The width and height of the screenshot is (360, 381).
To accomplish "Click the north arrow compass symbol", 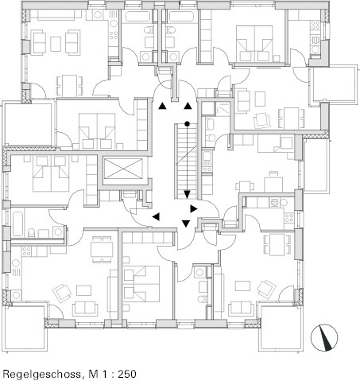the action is [x=324, y=338].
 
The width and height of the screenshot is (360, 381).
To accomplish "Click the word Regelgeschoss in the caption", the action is [x=41, y=375].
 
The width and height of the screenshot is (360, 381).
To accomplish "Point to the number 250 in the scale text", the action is [x=127, y=374].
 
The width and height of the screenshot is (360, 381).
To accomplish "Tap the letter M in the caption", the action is [x=93, y=374].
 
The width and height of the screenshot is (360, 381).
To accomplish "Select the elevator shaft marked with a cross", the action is [x=123, y=169].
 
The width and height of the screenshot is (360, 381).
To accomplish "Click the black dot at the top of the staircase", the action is [x=187, y=123].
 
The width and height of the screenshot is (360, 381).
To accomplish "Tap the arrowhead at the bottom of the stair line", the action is [x=187, y=195].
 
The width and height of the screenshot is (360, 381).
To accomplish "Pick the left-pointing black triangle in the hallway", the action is [x=157, y=216].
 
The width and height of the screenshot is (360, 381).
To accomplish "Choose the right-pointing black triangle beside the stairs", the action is [x=194, y=208].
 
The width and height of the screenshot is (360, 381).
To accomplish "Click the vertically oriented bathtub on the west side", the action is [x=18, y=224].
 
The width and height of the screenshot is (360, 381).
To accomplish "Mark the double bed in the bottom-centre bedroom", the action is [x=141, y=284].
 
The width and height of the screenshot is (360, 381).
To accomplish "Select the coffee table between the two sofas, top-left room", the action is [x=56, y=44].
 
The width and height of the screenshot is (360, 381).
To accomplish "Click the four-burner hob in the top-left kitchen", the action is [x=114, y=35].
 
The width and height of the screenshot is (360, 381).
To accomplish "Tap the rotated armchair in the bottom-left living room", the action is [x=62, y=293].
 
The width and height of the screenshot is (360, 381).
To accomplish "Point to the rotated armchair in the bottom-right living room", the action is [x=267, y=289].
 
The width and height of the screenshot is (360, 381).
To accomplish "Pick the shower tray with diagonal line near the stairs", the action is [x=223, y=109].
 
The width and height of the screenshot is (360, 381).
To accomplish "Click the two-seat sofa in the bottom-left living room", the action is [x=85, y=309].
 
